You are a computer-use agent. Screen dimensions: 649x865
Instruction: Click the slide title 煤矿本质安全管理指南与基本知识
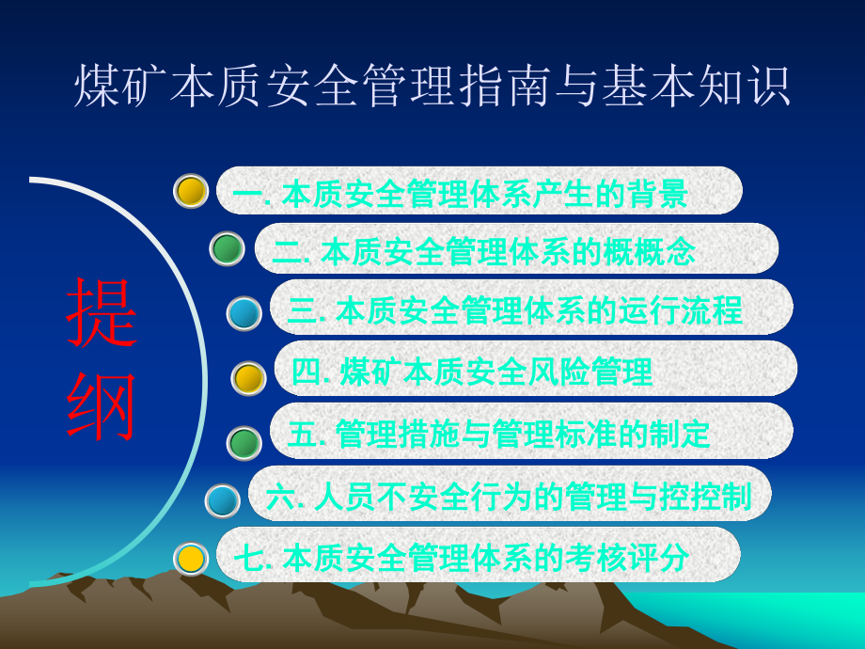(432, 87)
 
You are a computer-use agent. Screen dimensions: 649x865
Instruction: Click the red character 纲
(102, 406)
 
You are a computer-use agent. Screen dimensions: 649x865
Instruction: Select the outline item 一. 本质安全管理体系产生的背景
(461, 194)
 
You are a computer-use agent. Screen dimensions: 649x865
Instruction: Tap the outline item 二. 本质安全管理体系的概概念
(484, 251)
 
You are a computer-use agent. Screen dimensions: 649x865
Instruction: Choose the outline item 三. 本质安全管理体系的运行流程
(515, 309)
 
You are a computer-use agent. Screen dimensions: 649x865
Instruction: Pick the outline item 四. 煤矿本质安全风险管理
(472, 372)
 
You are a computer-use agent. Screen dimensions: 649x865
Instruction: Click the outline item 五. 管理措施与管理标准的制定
(499, 434)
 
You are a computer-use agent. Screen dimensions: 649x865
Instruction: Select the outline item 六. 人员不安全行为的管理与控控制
(509, 496)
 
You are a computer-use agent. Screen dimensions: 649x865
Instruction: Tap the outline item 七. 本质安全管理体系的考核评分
(461, 558)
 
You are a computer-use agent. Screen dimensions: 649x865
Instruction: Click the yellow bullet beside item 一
(191, 191)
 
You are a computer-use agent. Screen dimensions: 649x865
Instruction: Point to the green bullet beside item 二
(227, 249)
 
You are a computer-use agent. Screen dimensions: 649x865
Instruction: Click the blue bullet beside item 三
(244, 313)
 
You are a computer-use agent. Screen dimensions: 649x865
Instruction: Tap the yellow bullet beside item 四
(248, 378)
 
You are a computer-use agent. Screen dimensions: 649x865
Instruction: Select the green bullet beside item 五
(244, 442)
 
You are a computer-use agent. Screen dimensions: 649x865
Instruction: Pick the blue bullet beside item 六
(223, 500)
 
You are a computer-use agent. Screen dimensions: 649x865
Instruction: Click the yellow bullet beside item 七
(191, 559)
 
